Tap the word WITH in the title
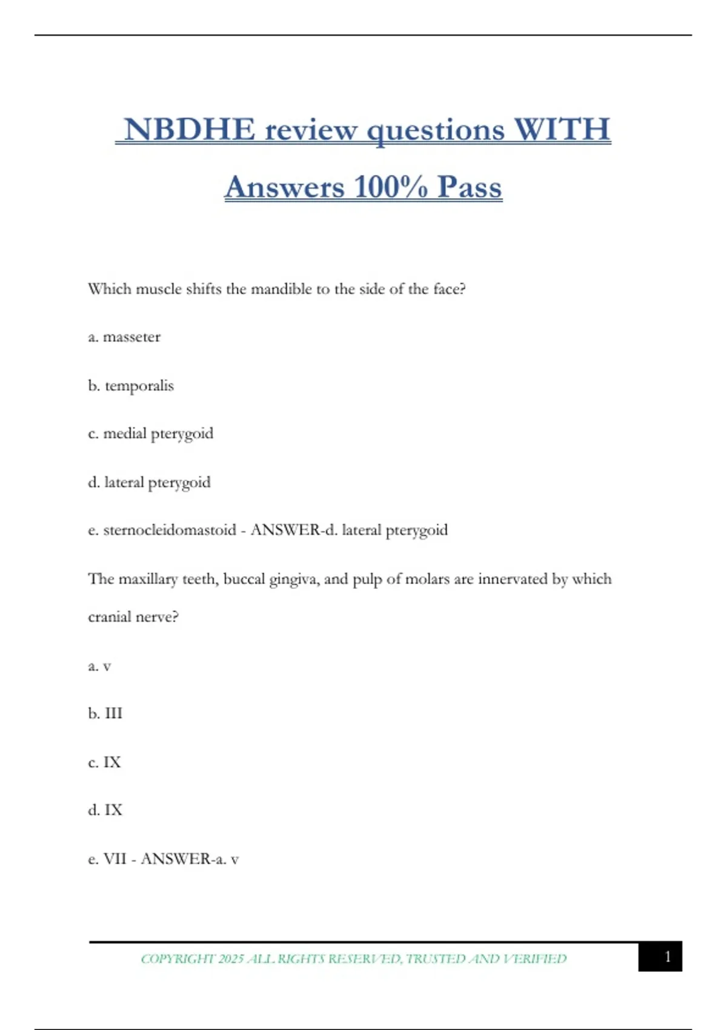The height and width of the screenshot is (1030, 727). click(x=562, y=130)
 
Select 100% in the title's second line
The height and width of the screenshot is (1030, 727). click(x=391, y=187)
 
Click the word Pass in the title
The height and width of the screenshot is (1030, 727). click(x=470, y=187)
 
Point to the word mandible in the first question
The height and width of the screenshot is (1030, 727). click(x=281, y=289)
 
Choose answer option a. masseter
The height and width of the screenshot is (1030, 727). click(x=124, y=337)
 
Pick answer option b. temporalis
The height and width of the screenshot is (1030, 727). click(x=131, y=385)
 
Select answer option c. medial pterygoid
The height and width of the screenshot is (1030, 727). click(x=151, y=434)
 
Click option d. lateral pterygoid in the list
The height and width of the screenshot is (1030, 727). click(x=150, y=482)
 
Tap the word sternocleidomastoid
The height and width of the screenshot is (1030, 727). click(x=170, y=530)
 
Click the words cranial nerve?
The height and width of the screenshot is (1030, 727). click(x=133, y=617)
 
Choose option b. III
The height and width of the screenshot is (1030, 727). click(x=105, y=714)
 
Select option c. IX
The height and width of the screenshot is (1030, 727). click(x=104, y=762)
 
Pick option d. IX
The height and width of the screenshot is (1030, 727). click(x=105, y=810)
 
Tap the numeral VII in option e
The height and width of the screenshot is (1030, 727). click(x=115, y=859)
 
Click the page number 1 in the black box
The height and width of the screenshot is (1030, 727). click(x=667, y=957)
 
